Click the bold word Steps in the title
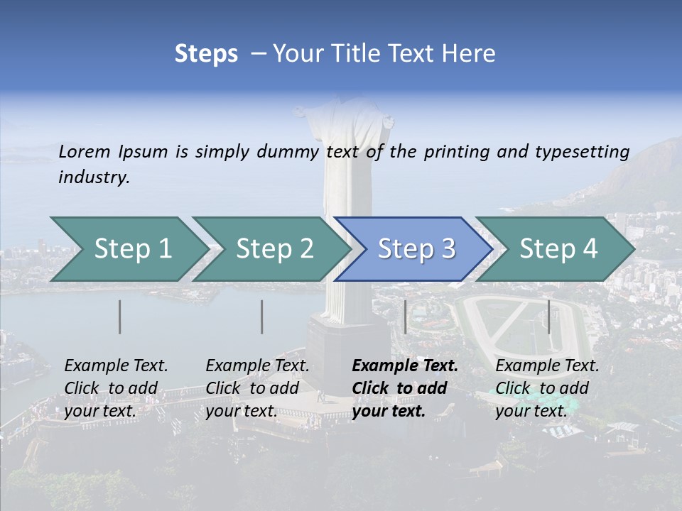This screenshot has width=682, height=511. point(206,54)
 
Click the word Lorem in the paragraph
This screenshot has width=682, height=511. point(84,151)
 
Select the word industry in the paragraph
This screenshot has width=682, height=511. point(94,177)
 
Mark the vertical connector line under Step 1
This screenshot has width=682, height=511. point(120,317)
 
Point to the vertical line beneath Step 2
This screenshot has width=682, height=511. point(262,317)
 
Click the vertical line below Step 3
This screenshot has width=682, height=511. point(405,317)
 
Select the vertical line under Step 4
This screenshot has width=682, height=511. point(549,317)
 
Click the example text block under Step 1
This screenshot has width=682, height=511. point(116,388)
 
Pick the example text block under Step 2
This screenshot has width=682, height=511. point(257,388)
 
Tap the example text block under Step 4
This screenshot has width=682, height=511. point(547,388)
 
